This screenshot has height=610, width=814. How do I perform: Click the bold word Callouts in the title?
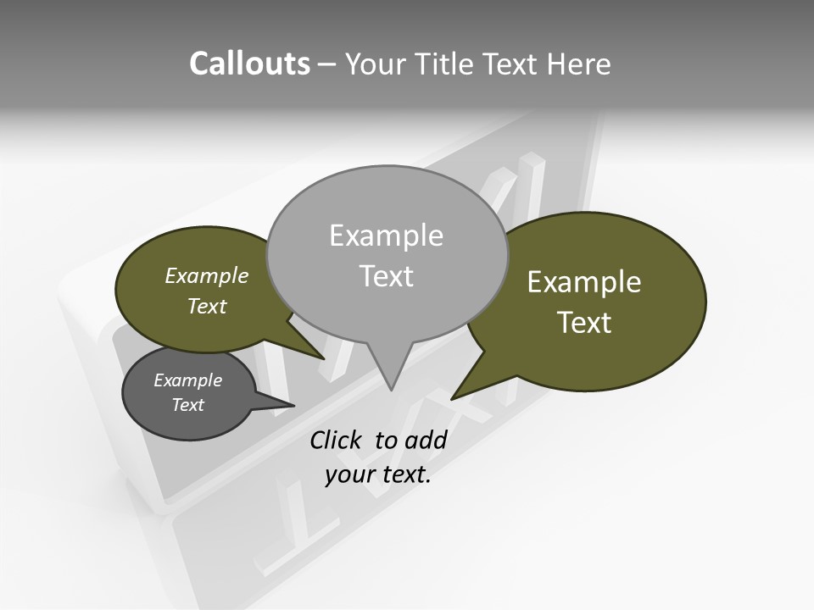(x=249, y=64)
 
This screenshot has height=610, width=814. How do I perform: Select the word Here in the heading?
(x=579, y=64)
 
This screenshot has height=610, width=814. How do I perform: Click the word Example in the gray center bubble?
(x=386, y=236)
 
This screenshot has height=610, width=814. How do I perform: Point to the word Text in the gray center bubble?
(x=386, y=276)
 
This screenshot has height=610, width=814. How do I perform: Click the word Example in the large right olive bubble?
(x=584, y=282)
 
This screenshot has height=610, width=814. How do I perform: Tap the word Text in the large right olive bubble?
(x=584, y=323)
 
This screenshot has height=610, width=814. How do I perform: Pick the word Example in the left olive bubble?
(x=206, y=276)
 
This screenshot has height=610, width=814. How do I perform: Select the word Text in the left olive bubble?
(x=206, y=306)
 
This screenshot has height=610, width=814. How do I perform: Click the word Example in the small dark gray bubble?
(x=187, y=380)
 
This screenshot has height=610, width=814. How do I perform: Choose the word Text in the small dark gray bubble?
(x=187, y=405)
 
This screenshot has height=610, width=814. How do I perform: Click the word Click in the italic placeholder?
(x=337, y=440)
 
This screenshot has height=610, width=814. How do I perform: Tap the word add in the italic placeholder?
(x=426, y=440)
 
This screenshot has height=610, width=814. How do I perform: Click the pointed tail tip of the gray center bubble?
(x=391, y=390)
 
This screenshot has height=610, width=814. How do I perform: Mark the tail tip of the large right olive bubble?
(x=452, y=399)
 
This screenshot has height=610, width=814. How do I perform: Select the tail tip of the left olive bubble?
(x=325, y=359)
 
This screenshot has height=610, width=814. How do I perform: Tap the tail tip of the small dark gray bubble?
(x=294, y=406)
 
